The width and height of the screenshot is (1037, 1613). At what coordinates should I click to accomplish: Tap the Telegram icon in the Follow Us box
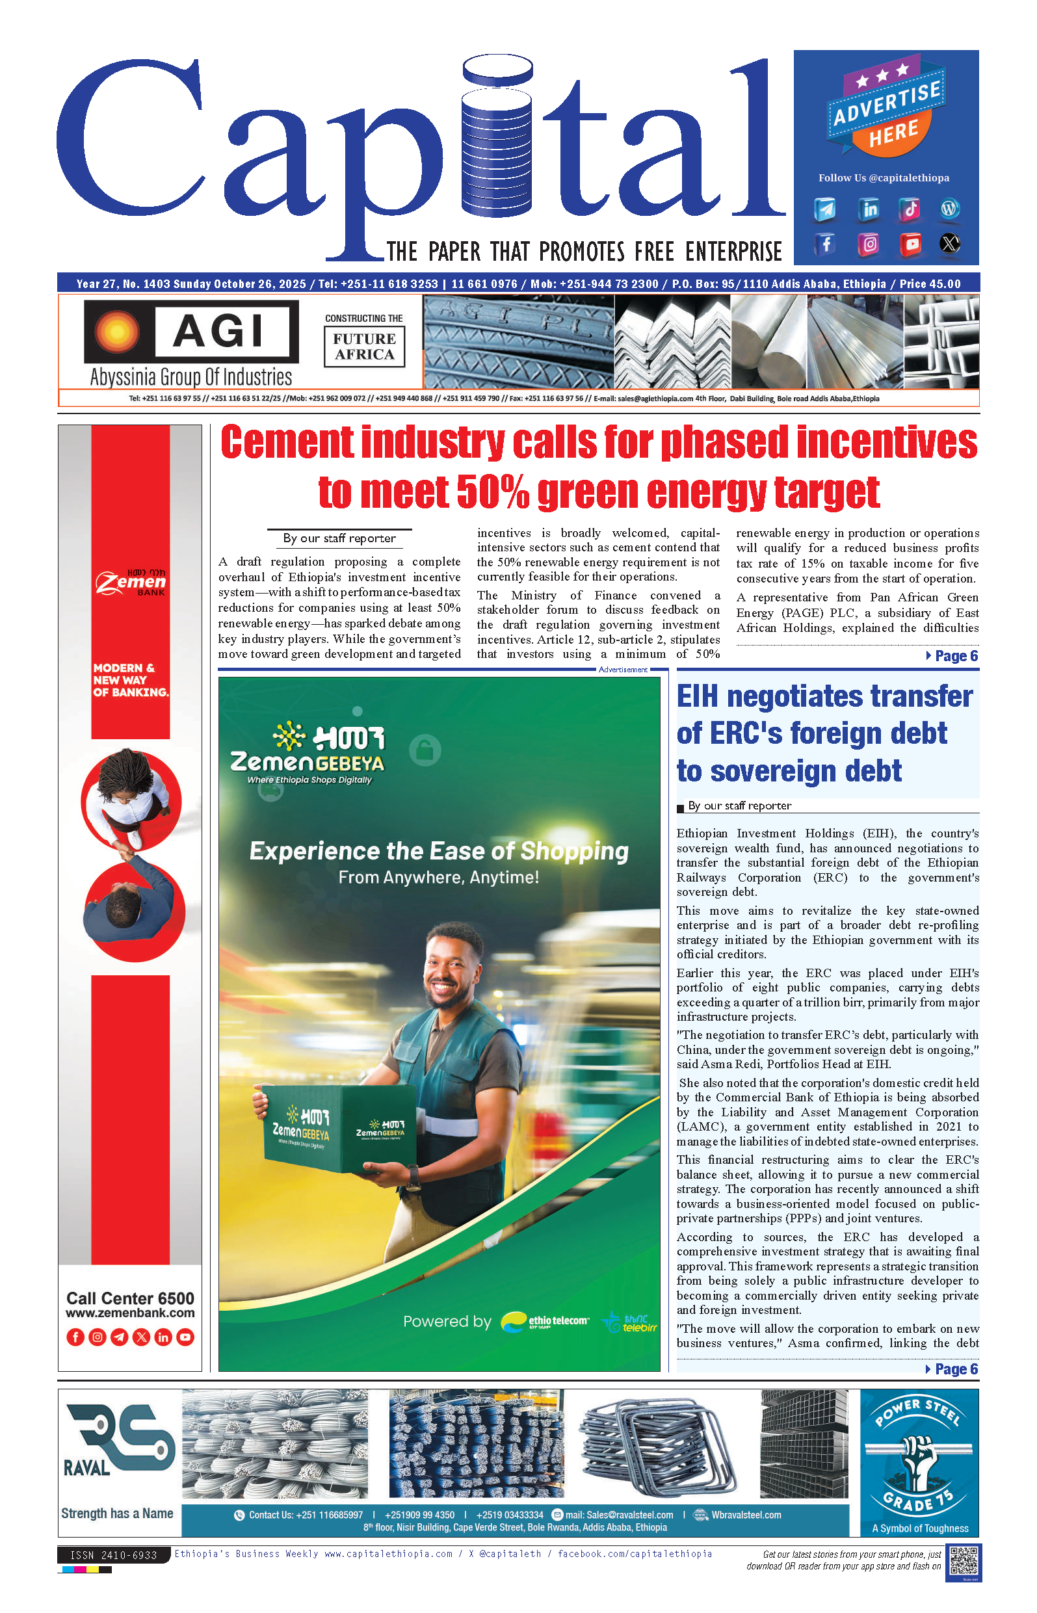[826, 209]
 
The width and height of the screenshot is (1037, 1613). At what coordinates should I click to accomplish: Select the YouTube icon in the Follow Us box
[910, 244]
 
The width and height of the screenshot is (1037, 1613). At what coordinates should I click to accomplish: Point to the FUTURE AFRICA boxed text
[364, 347]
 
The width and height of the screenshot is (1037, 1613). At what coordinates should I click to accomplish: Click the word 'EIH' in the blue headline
[698, 697]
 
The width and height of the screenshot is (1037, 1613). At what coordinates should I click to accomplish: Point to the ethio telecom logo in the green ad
[545, 1322]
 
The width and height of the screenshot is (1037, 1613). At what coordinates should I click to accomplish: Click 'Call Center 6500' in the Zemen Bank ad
[130, 1298]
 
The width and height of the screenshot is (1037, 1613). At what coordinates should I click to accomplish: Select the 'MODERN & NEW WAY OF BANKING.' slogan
[130, 680]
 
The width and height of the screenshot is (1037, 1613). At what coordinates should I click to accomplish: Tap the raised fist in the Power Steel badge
[917, 1458]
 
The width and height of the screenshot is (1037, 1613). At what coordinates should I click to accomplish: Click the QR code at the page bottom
[963, 1562]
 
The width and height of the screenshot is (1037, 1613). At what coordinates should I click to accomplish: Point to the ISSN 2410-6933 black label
[113, 1555]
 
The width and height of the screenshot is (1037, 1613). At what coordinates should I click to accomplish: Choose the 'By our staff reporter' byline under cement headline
[339, 538]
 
